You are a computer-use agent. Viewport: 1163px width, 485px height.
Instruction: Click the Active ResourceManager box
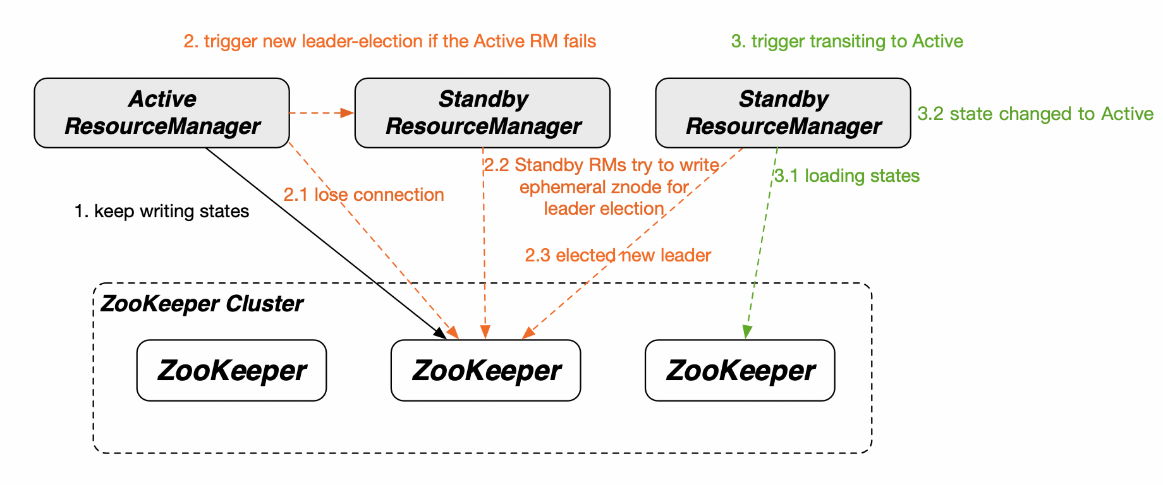(x=162, y=113)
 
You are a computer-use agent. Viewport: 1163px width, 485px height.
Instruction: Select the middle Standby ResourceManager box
(x=482, y=113)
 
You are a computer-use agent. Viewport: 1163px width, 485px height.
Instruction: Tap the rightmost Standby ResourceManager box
(x=783, y=113)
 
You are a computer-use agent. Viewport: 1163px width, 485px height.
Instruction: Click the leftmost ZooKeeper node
(x=231, y=371)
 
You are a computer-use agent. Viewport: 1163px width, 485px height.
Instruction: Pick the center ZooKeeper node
(x=485, y=371)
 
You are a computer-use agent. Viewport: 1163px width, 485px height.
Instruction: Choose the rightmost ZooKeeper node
(x=740, y=371)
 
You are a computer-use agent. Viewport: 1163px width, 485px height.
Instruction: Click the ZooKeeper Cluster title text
(x=202, y=304)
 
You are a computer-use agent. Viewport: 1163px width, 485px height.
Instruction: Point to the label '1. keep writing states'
(x=162, y=211)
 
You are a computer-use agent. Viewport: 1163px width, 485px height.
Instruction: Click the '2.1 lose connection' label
(x=363, y=195)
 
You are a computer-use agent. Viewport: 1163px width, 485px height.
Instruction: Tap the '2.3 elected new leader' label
(x=618, y=255)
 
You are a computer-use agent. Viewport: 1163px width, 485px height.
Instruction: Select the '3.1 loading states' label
(x=847, y=176)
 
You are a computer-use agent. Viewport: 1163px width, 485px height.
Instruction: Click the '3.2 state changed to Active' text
(x=1035, y=114)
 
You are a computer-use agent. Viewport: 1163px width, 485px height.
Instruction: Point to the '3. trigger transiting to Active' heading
(x=847, y=42)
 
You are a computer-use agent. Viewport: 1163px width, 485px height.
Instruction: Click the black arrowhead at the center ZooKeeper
(x=441, y=333)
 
